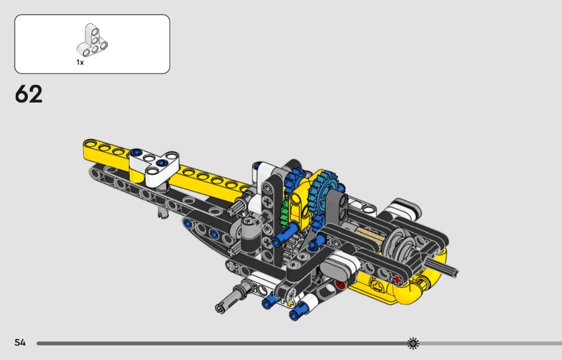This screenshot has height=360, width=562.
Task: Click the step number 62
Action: (x=29, y=94)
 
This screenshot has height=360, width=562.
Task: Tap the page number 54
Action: (x=20, y=342)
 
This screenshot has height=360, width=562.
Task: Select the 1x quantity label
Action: (x=80, y=63)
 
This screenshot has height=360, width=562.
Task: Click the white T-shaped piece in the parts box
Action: (x=92, y=40)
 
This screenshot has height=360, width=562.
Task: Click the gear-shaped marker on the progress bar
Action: (x=413, y=343)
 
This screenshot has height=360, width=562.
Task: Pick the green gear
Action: (x=284, y=211)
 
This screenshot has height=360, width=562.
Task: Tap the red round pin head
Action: (x=340, y=285)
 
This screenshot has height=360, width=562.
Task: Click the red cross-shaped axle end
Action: (x=397, y=279)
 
